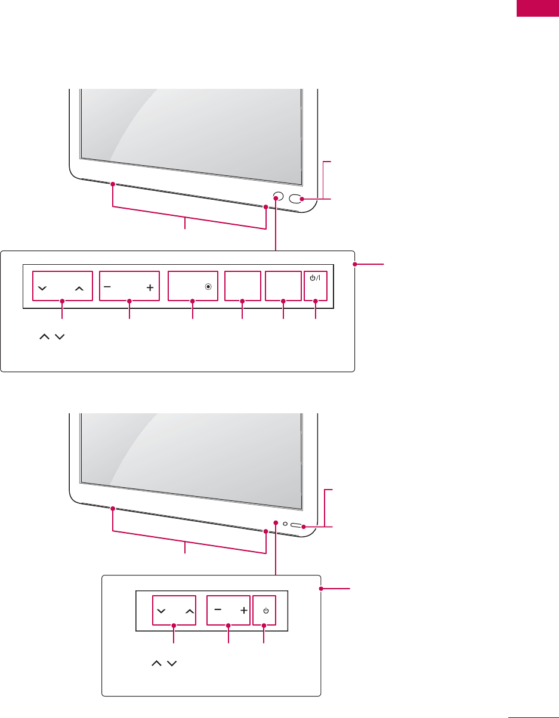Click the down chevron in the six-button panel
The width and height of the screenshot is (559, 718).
point(41,288)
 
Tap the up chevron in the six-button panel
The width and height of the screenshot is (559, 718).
point(79,288)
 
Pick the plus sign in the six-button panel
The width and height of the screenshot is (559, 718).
point(149,287)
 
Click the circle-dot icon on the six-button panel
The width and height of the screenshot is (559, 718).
point(208,287)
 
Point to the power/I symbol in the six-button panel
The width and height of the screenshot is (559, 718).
point(316,278)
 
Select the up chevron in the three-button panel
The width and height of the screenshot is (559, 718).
point(189,612)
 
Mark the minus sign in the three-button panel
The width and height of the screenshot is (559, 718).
point(217,610)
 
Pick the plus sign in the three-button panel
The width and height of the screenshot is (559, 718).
point(243,611)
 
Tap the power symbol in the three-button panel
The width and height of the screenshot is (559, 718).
point(266,611)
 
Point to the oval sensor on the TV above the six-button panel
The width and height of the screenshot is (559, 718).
point(296,199)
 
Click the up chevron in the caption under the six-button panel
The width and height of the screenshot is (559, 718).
point(44,338)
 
